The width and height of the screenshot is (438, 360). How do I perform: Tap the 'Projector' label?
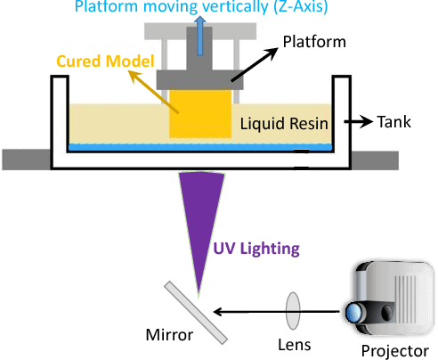(x=391, y=350)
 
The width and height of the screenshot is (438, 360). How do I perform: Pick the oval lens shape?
(x=293, y=311)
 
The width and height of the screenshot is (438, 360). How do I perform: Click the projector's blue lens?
(x=353, y=313)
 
